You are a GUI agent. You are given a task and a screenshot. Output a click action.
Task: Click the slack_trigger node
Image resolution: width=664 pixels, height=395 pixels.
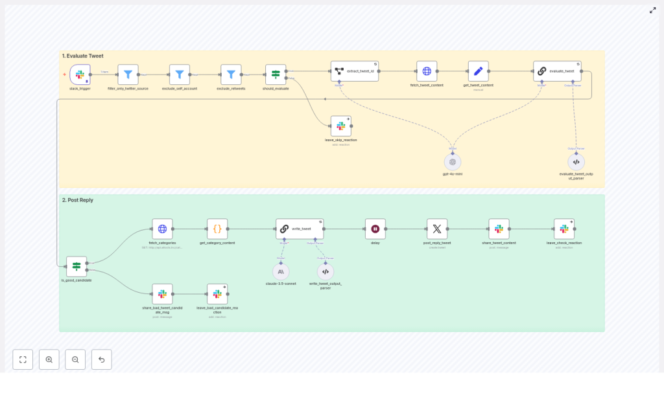coord(80,74)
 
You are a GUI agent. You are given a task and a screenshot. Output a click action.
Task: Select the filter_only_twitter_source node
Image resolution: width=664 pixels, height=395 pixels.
coord(128,74)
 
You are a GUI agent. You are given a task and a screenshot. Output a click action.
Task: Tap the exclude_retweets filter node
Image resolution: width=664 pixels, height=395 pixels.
coord(231,74)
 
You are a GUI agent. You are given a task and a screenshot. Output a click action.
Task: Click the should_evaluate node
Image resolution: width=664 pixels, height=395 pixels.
coord(276,74)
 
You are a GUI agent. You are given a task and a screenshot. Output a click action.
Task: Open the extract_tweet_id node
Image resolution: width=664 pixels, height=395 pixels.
coord(355,71)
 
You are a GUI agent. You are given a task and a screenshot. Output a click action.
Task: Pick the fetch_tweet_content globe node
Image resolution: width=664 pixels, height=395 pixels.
coord(427,71)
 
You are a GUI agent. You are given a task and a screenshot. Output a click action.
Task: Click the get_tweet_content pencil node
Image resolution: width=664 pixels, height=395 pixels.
coord(478,71)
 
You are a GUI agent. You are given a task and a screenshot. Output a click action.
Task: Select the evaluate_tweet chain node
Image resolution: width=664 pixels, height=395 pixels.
coord(557,71)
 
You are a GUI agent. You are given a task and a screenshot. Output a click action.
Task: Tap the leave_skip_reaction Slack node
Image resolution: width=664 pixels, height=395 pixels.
coord(340,126)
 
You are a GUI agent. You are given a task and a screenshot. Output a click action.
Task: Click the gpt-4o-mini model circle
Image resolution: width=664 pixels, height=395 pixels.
coord(453,162)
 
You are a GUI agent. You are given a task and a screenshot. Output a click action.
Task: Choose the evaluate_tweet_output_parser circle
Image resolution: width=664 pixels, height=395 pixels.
coord(576,162)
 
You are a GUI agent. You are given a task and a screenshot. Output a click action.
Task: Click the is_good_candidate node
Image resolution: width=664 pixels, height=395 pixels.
coord(77,266)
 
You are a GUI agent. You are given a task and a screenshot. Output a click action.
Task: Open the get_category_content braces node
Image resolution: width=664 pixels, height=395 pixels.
coord(217,229)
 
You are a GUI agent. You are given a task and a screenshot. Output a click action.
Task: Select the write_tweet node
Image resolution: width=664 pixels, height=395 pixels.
coord(300,229)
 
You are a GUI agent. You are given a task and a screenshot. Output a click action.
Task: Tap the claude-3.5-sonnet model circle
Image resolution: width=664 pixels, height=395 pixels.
coord(281,271)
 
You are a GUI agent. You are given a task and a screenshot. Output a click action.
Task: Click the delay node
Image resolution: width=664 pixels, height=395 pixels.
coord(375,229)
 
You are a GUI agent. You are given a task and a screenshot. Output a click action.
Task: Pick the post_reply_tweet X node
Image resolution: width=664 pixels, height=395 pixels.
coord(437,229)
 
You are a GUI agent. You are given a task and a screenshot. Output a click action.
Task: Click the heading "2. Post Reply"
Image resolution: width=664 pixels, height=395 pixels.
coord(77,200)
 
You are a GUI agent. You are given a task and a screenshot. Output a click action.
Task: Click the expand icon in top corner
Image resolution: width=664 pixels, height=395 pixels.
coord(652,10)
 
